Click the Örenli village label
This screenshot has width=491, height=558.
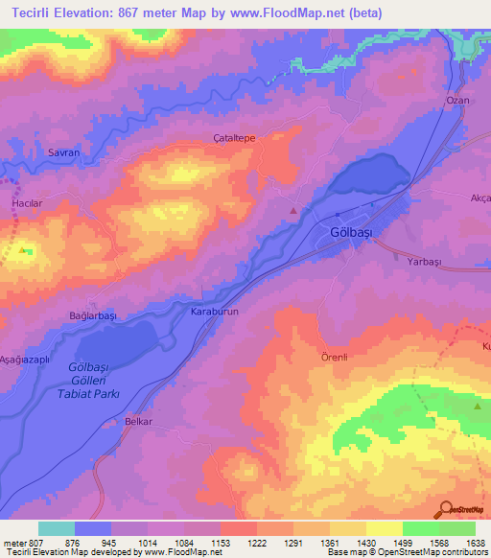335,356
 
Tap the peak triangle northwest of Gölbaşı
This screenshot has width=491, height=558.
293,210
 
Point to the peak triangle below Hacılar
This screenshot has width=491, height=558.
23,250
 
